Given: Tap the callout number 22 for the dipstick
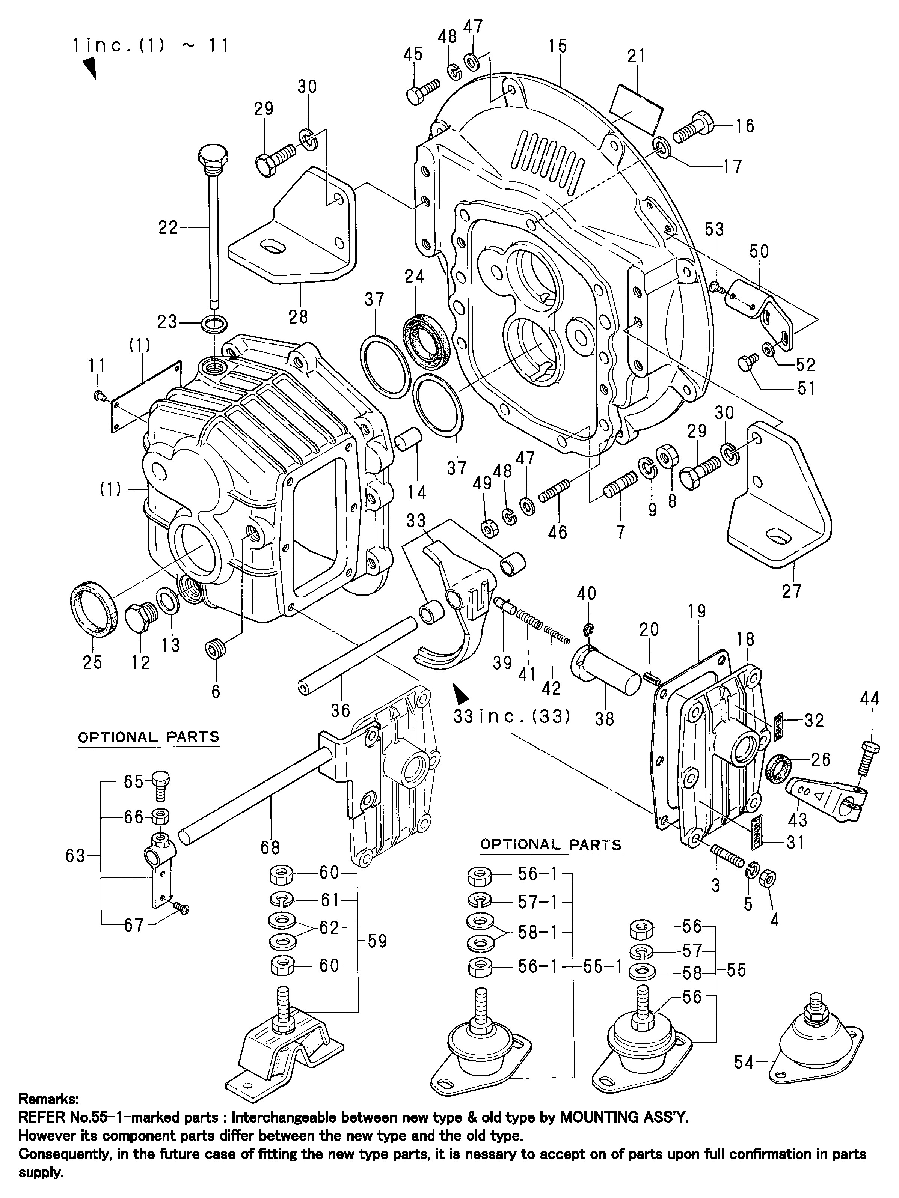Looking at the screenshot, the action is click(x=168, y=227).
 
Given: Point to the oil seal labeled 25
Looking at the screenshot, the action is click(x=94, y=609).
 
